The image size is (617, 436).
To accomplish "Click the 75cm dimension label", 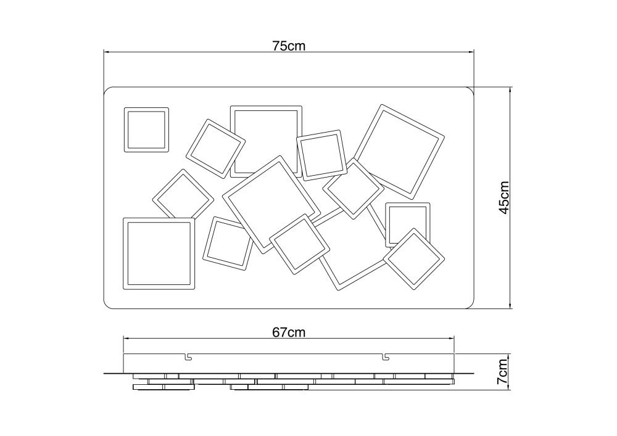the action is point(289,46).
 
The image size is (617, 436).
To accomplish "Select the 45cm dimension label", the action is point(504,198).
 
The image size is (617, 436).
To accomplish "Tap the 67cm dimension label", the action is point(289,332).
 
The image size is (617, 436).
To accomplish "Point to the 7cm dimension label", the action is point(502,371).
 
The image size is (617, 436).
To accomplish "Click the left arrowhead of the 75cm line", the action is point(106,51).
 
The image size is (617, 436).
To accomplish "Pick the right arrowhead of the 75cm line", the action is point(471,51).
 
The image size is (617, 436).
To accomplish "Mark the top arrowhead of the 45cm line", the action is point(510,90).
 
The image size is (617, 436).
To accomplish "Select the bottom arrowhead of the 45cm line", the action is point(510,305).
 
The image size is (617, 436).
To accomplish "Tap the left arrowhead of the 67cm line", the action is point(126,337).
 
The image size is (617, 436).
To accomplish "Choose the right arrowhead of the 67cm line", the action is point(452,337).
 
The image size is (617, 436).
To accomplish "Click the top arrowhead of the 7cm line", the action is point(510,357).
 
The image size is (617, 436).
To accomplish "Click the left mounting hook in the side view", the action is point(188,356).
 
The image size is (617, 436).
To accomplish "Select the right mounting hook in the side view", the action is point(387,356).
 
